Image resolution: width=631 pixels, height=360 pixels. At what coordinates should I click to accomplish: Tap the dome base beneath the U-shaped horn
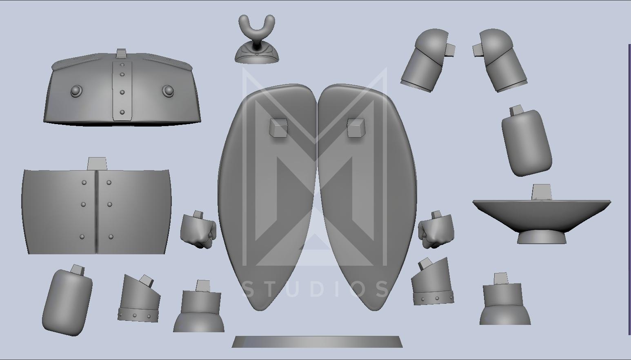pyautogui.click(x=257, y=55)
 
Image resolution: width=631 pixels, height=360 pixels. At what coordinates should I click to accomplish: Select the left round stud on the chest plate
pyautogui.click(x=76, y=91)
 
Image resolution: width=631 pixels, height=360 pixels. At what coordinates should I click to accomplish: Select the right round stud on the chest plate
pyautogui.click(x=168, y=91)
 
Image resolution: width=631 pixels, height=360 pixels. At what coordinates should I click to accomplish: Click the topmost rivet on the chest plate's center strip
pyautogui.click(x=122, y=65)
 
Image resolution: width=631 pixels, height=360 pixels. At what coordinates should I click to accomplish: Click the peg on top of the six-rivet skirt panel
pyautogui.click(x=97, y=164)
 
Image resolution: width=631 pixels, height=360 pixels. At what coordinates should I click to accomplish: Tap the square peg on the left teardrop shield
pyautogui.click(x=278, y=128)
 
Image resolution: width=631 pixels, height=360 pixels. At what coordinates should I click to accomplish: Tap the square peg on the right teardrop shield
pyautogui.click(x=356, y=128)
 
